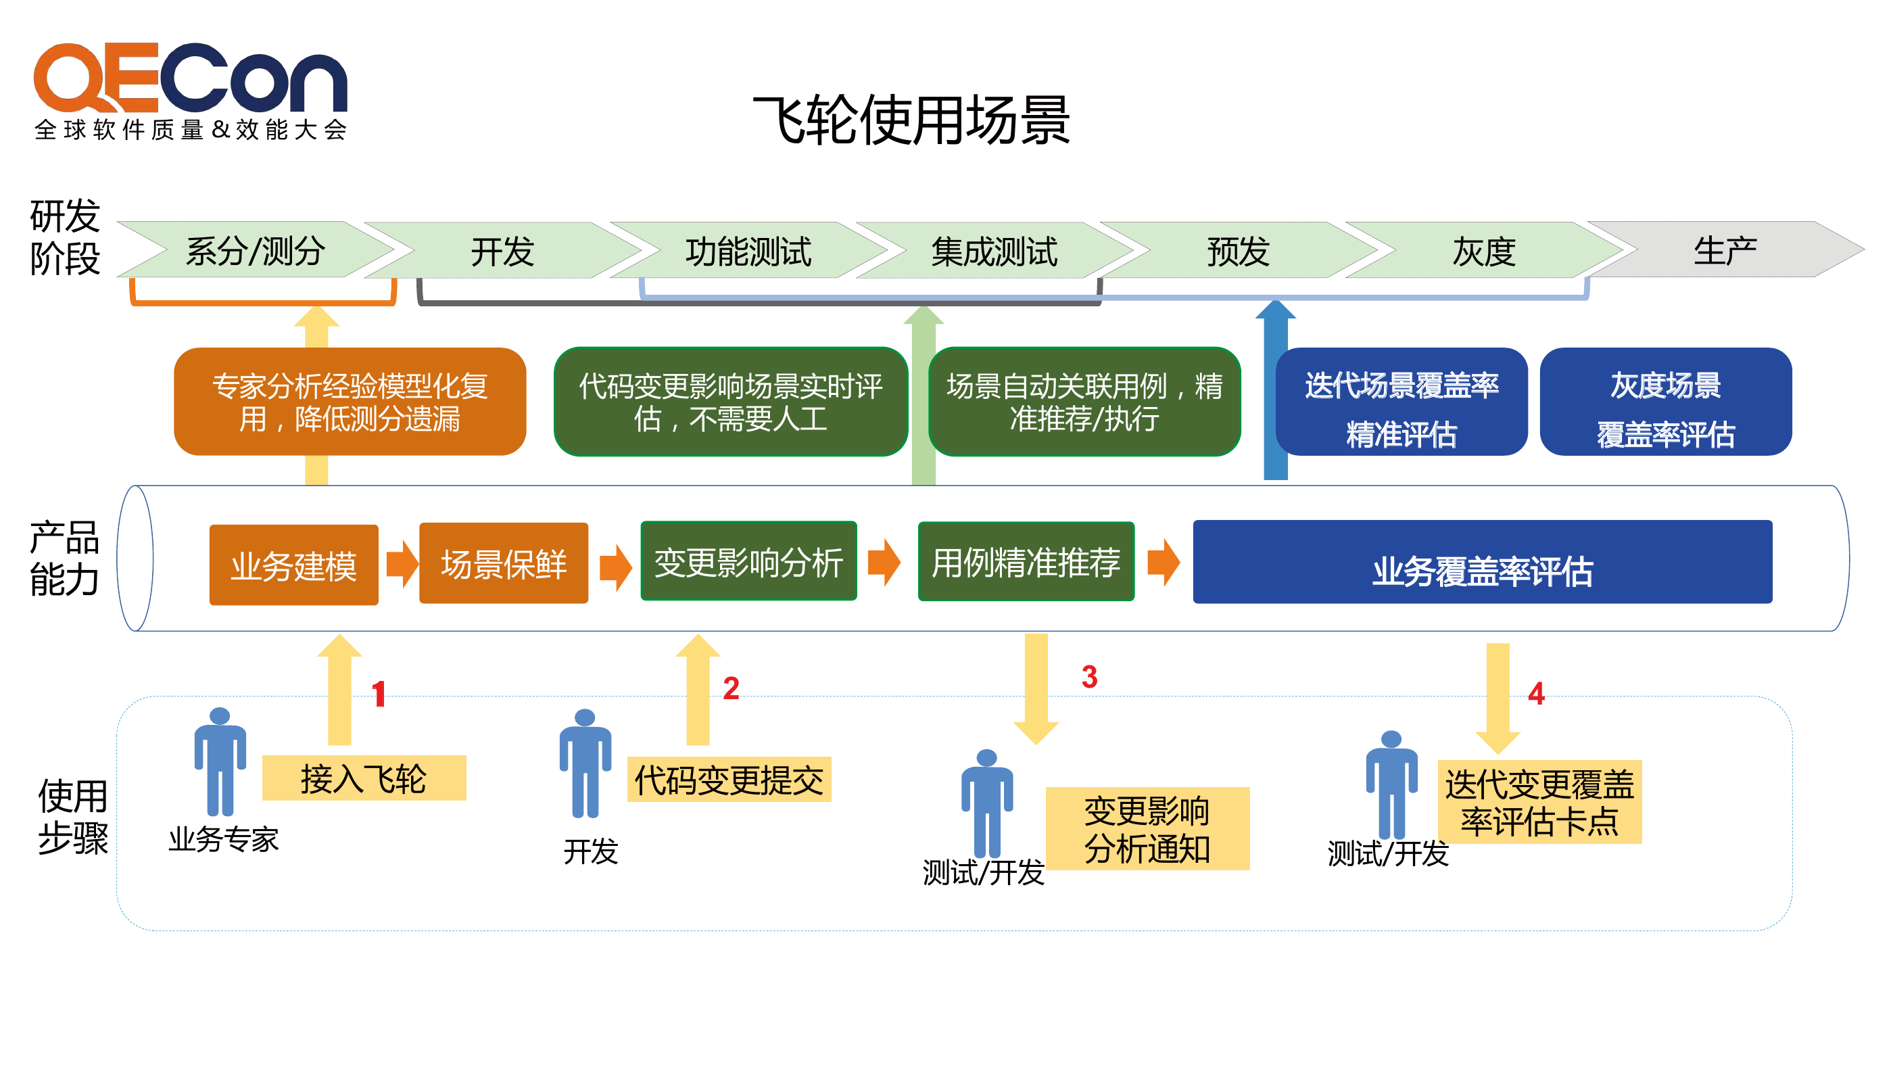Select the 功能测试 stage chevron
[x=748, y=251]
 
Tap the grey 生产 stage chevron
[x=1725, y=250]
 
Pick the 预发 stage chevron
[x=1239, y=251]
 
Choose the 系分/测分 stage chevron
[x=256, y=250]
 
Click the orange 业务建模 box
[x=294, y=565]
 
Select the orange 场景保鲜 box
[x=504, y=563]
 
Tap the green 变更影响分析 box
[x=749, y=561]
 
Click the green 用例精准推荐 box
[x=1026, y=561]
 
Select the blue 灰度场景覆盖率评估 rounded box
[x=1665, y=402]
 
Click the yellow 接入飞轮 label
[x=364, y=778]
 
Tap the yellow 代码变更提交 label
[x=729, y=779]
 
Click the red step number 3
[x=1089, y=677]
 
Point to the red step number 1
[x=379, y=694]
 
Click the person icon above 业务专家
[x=220, y=761]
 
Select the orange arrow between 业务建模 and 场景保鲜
[x=402, y=564]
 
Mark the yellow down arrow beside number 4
[x=1497, y=699]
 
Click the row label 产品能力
[x=64, y=559]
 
